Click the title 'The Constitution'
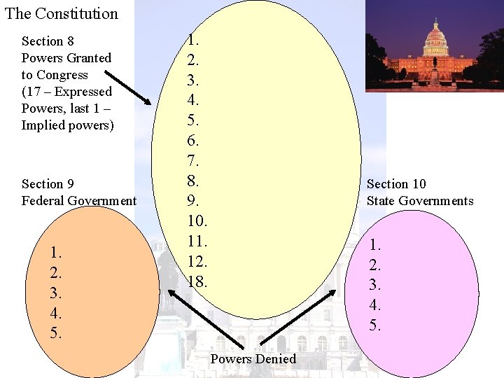coord(62,13)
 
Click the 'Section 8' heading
coord(48,41)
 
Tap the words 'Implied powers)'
coord(67,125)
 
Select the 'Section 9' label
coord(48,184)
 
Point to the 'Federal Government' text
coord(79,201)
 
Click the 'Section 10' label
coord(396,184)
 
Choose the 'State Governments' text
coord(420,201)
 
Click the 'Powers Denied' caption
coord(253,359)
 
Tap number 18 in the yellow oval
coord(197,281)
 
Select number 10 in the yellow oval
coord(197,221)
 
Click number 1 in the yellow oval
coord(193,40)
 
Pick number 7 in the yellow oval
coord(193,161)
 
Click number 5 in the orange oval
coord(56,332)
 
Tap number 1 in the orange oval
coord(56,252)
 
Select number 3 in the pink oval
coord(375,285)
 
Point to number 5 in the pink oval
coord(375,325)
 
